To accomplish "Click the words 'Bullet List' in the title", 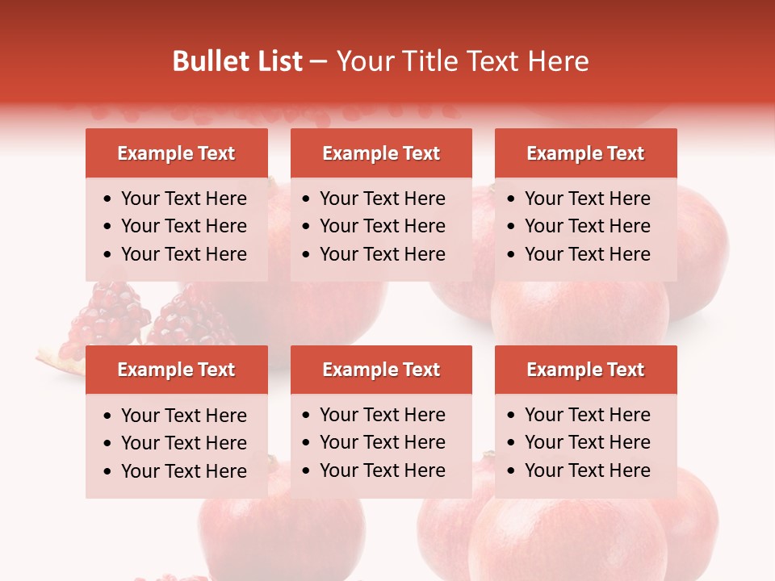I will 237,61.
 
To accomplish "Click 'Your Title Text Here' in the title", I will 463,61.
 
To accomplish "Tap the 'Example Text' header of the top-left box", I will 176,153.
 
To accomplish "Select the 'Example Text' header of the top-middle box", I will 381,153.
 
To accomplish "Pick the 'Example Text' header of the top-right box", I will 585,153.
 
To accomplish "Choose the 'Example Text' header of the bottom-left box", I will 176,370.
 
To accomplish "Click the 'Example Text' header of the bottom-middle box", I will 381,370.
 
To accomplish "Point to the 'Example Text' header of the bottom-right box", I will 585,370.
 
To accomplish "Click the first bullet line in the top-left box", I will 184,199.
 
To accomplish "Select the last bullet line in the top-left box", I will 184,254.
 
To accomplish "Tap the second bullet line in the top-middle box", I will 383,226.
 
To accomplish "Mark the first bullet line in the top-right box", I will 588,199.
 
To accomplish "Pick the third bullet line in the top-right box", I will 588,254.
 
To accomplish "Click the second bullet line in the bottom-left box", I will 184,443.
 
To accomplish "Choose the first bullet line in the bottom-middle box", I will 383,415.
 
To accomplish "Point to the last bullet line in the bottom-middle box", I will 383,470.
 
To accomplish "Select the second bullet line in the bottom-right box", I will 588,442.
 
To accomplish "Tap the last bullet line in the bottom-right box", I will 588,470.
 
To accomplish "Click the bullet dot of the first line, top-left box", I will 108,199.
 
